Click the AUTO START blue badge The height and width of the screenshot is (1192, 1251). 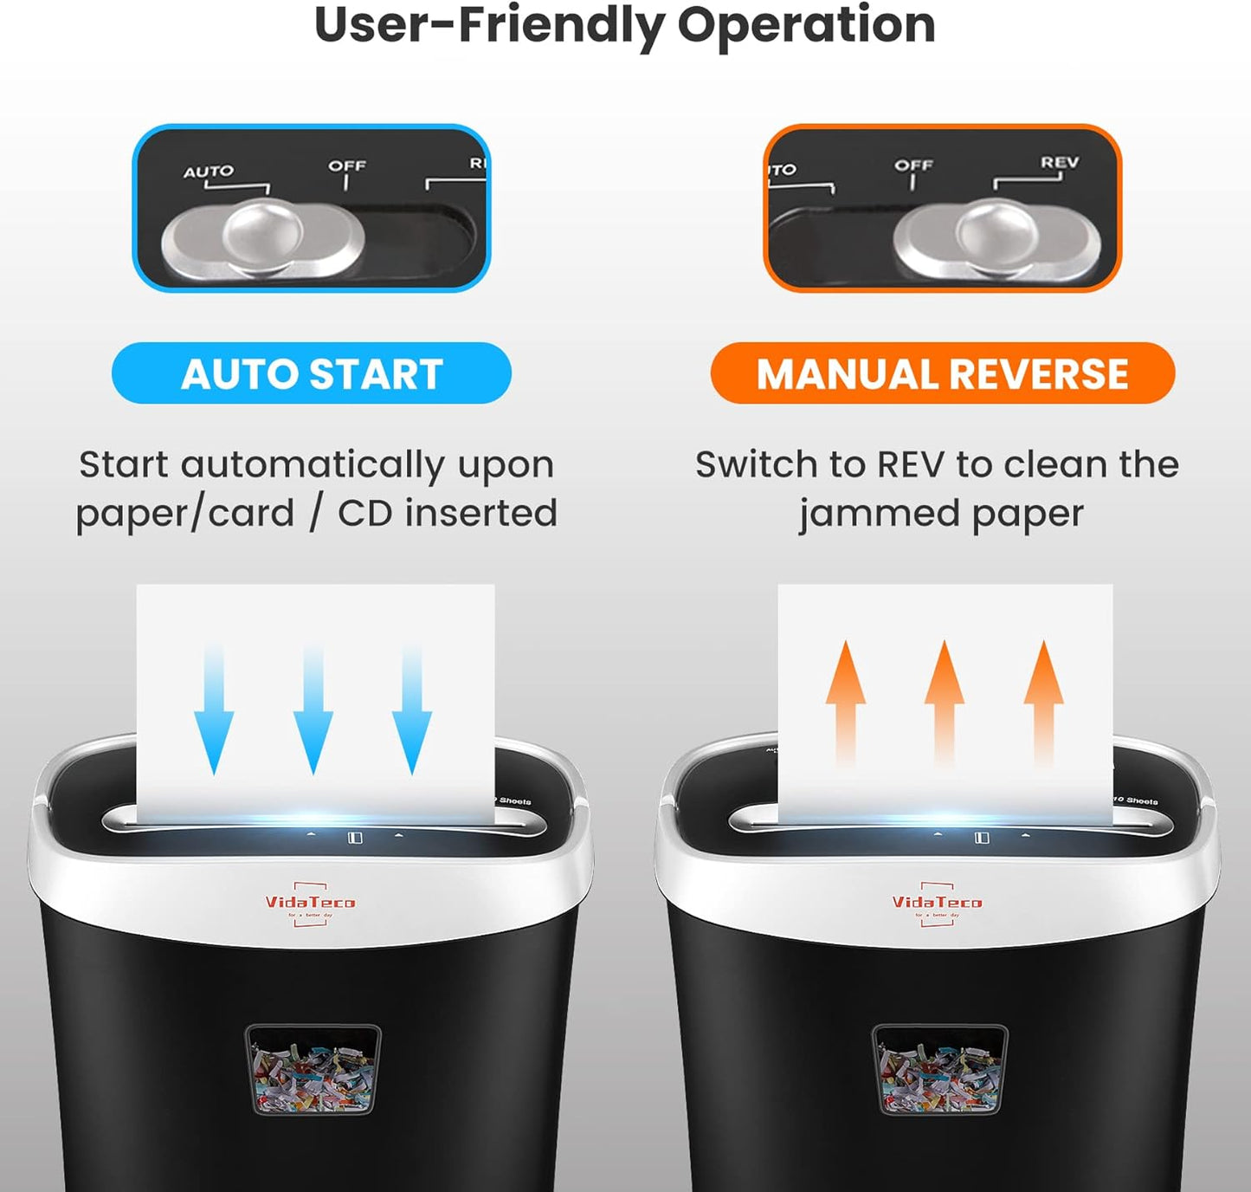[x=312, y=373]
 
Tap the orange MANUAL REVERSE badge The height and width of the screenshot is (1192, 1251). [x=942, y=373]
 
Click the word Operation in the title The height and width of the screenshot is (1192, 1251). [x=806, y=24]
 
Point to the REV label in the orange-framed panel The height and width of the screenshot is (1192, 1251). [x=1060, y=163]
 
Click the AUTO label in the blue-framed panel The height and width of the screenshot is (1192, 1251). [x=208, y=172]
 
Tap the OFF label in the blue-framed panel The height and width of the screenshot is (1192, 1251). [x=347, y=165]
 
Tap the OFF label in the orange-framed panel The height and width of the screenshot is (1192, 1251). [x=913, y=165]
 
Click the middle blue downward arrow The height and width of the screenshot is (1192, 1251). [x=313, y=710]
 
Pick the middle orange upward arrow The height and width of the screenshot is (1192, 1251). [x=945, y=702]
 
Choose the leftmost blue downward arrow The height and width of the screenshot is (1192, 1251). [x=214, y=710]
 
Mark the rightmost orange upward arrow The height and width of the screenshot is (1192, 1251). [x=1044, y=702]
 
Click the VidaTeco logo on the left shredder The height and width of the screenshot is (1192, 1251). [x=310, y=904]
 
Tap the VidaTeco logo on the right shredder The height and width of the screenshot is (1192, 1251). [x=937, y=904]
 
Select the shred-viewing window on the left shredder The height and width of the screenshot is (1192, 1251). [x=313, y=1070]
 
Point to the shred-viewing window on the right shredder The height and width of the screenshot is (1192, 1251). [x=939, y=1070]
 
